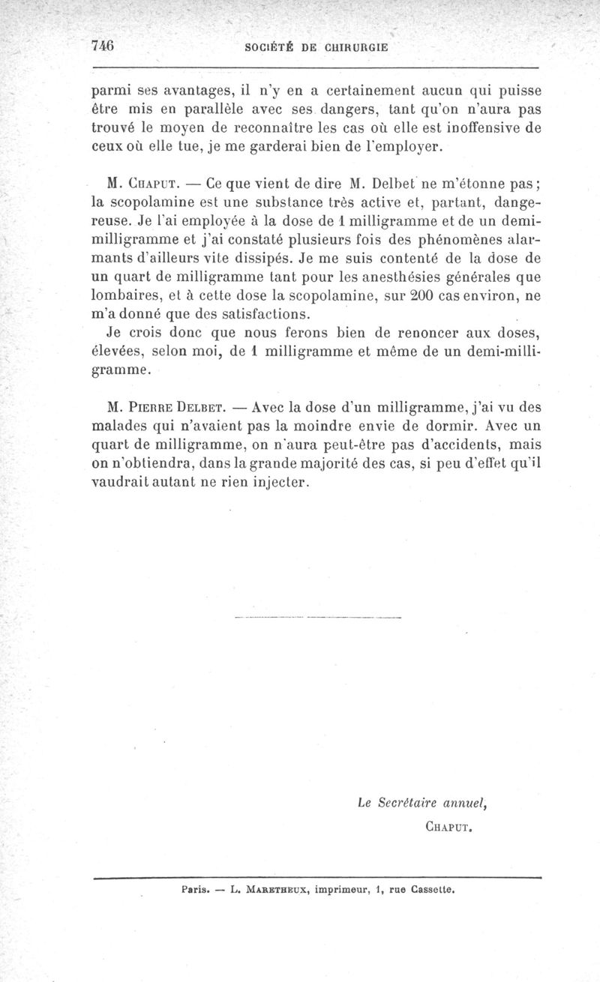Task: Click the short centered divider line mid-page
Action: [318, 617]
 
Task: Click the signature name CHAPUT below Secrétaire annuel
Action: [448, 827]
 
